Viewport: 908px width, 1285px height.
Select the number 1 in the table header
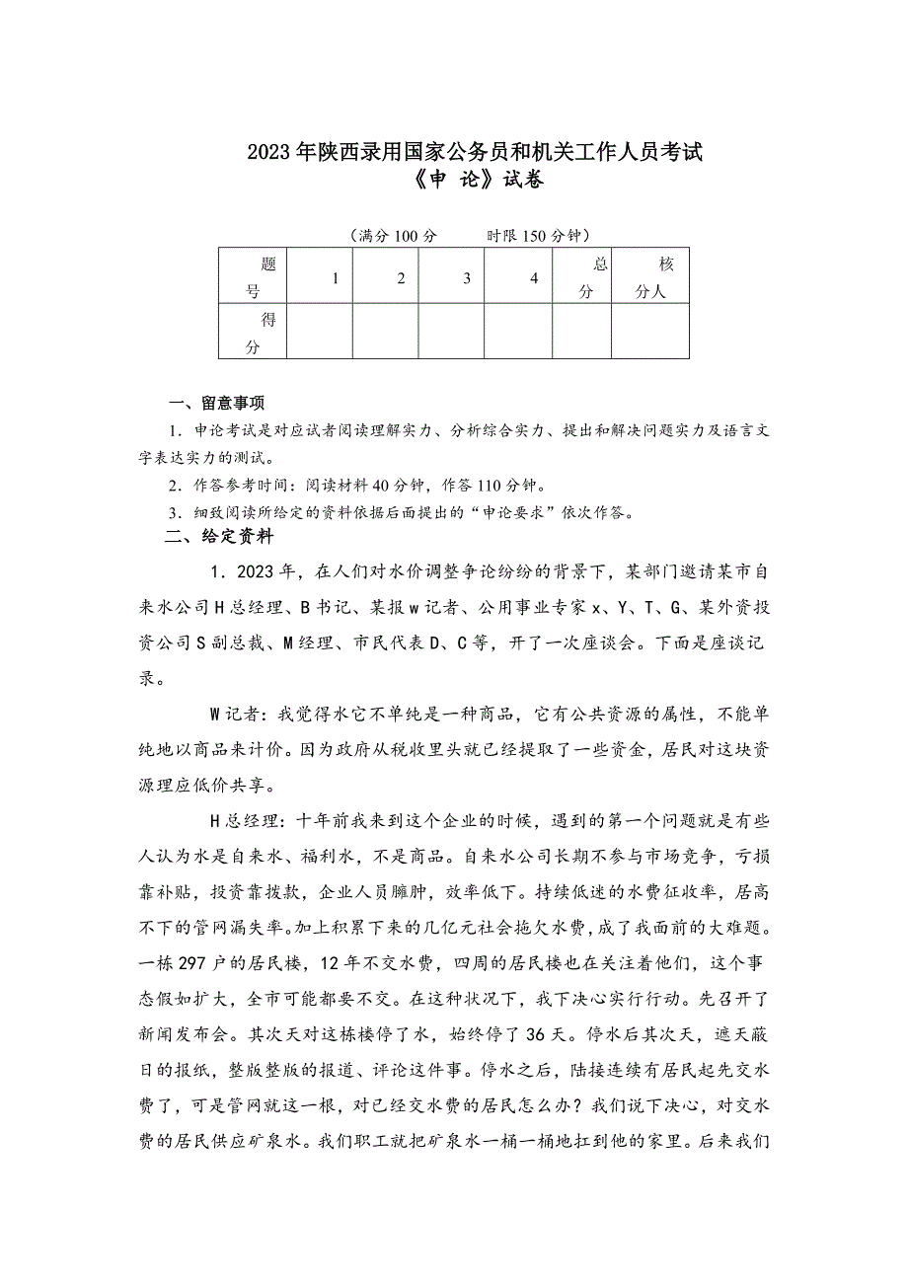tap(336, 278)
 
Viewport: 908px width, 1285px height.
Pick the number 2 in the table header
tap(401, 278)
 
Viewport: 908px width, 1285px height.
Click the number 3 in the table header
tap(467, 278)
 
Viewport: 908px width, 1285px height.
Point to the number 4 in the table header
tap(534, 278)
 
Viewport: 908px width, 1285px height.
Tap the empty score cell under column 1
tap(319, 332)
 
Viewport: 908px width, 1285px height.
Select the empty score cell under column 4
tap(517, 332)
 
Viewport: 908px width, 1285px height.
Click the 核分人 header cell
tap(651, 278)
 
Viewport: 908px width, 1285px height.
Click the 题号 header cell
tap(254, 278)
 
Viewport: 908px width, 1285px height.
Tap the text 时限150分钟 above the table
tap(537, 236)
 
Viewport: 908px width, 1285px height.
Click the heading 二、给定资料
tap(218, 538)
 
